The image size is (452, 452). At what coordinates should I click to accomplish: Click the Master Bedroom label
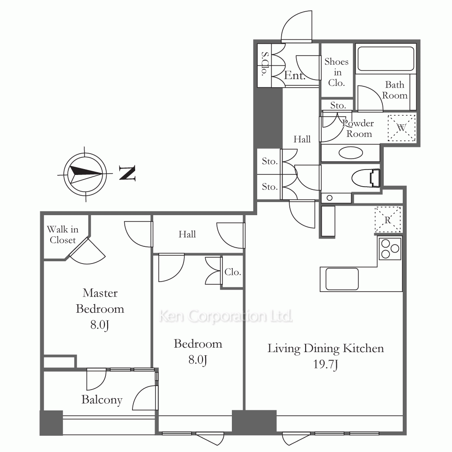click(100, 301)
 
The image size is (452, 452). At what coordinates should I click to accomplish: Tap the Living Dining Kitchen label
click(326, 348)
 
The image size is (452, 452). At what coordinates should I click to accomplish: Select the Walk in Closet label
click(62, 235)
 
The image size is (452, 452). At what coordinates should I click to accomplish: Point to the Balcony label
click(102, 400)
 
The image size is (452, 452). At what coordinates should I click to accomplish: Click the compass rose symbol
click(85, 174)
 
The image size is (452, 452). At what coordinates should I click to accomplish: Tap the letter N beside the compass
click(127, 173)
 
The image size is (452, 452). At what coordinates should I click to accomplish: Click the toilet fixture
click(366, 178)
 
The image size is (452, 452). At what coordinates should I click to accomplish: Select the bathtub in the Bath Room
click(386, 59)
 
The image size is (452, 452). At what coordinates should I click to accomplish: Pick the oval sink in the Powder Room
click(351, 153)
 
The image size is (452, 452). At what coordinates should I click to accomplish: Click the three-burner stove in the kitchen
click(390, 249)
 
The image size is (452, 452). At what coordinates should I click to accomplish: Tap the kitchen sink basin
click(342, 279)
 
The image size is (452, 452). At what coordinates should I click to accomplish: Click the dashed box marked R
click(388, 220)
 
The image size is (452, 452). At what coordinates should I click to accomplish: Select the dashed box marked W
click(401, 128)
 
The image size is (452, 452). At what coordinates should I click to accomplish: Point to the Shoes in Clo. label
click(336, 72)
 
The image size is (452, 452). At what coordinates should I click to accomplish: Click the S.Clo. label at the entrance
click(264, 64)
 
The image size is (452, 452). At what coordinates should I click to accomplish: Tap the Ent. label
click(295, 75)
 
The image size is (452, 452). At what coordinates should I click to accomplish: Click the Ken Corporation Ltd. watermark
click(226, 316)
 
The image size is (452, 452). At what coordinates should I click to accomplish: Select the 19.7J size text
click(325, 365)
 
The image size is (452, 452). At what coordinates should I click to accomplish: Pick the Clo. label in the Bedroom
click(233, 272)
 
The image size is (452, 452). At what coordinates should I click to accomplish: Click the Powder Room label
click(358, 128)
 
